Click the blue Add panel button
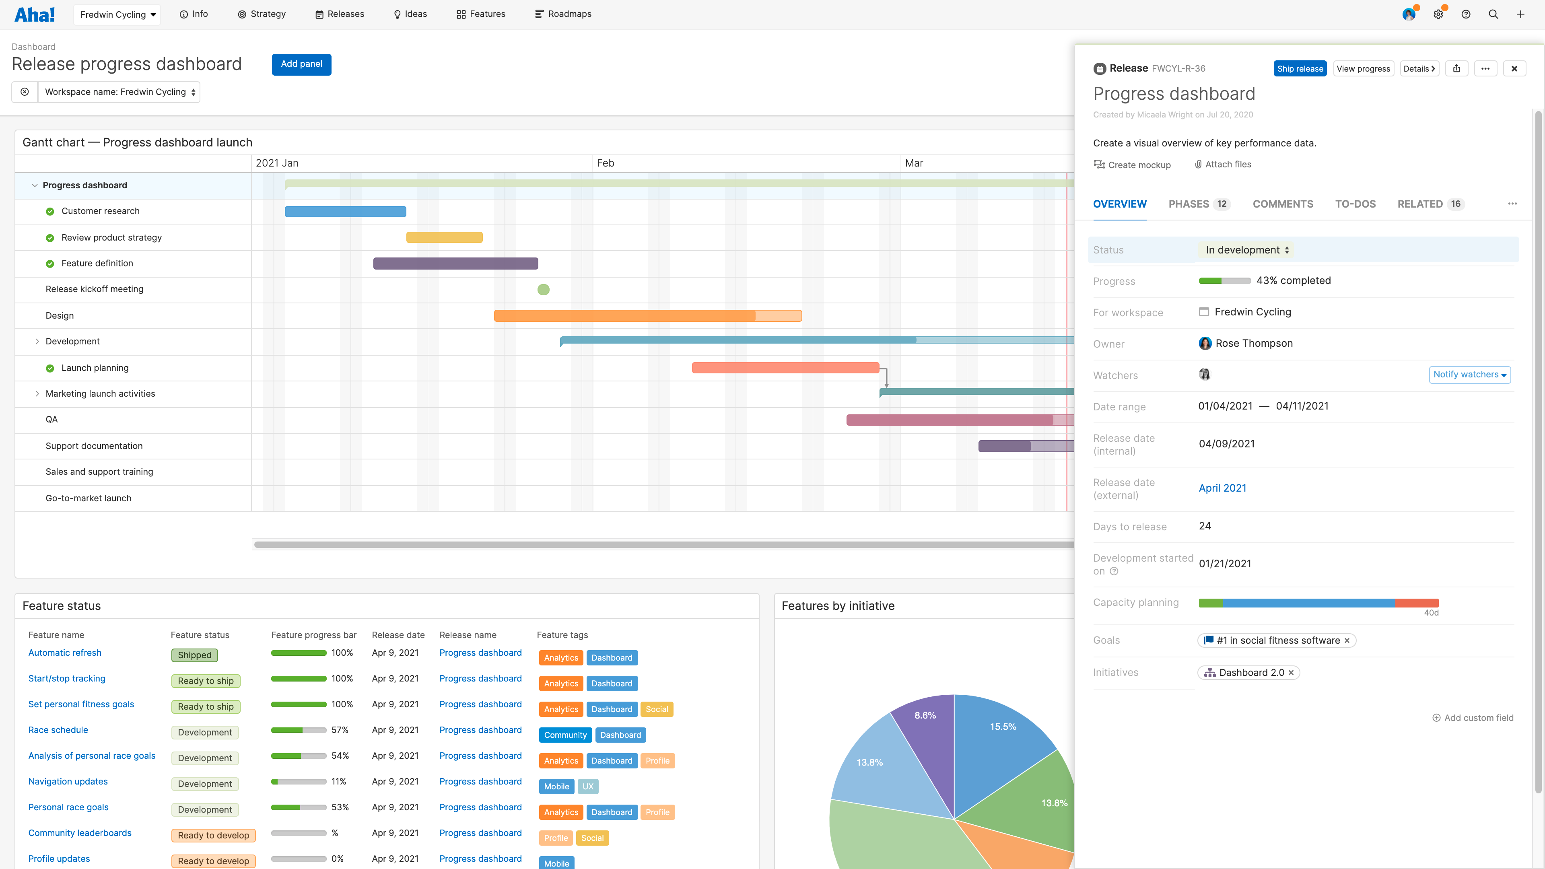coord(301,64)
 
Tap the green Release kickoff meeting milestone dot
coord(544,290)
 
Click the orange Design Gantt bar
coord(624,315)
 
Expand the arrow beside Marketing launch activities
coord(37,393)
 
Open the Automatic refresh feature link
coord(65,653)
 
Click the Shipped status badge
coord(194,655)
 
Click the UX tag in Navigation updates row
coord(588,786)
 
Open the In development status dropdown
coord(1246,250)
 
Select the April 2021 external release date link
coord(1222,488)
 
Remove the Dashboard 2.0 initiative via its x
coord(1291,673)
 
